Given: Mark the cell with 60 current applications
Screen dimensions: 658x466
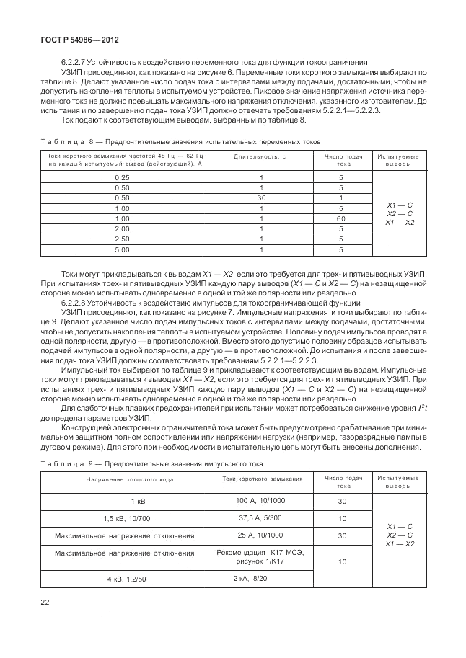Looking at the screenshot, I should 341,218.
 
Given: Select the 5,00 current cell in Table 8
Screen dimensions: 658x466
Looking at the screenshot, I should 123,249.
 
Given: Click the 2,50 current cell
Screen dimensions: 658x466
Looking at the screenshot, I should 123,239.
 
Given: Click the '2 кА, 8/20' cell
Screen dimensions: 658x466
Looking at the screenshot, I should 250,578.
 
